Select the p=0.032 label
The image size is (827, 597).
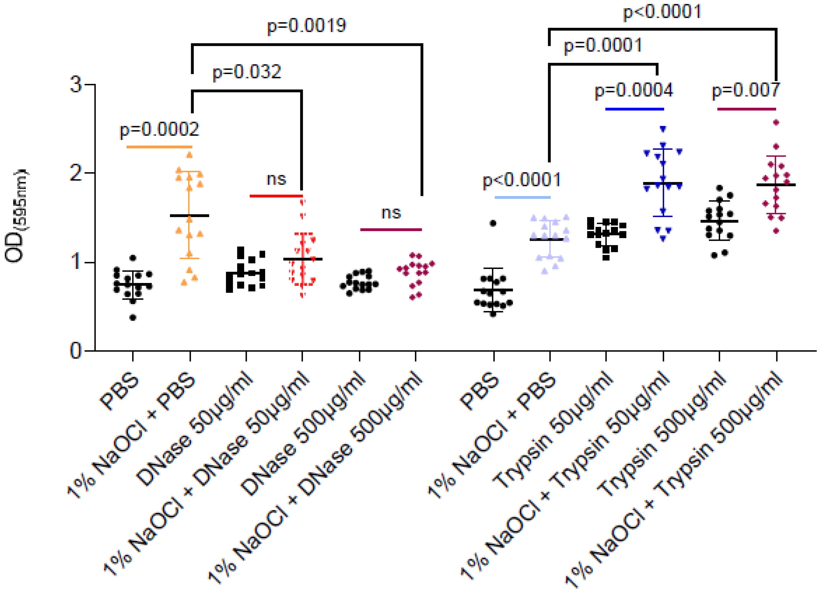pyautogui.click(x=247, y=72)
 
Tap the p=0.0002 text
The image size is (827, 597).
pyautogui.click(x=159, y=130)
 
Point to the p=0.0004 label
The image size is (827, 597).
pyautogui.click(x=634, y=91)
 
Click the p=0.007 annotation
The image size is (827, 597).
pyautogui.click(x=746, y=91)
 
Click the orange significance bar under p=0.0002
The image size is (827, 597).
pyautogui.click(x=159, y=147)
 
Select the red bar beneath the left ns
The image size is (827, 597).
pyautogui.click(x=276, y=196)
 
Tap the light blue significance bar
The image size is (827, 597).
pyautogui.click(x=523, y=197)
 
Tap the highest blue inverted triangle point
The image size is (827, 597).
pyautogui.click(x=663, y=129)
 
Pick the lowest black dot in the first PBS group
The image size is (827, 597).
pyautogui.click(x=133, y=318)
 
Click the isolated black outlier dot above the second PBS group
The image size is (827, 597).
pyautogui.click(x=493, y=223)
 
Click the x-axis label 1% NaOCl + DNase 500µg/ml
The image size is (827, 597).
pyautogui.click(x=315, y=478)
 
